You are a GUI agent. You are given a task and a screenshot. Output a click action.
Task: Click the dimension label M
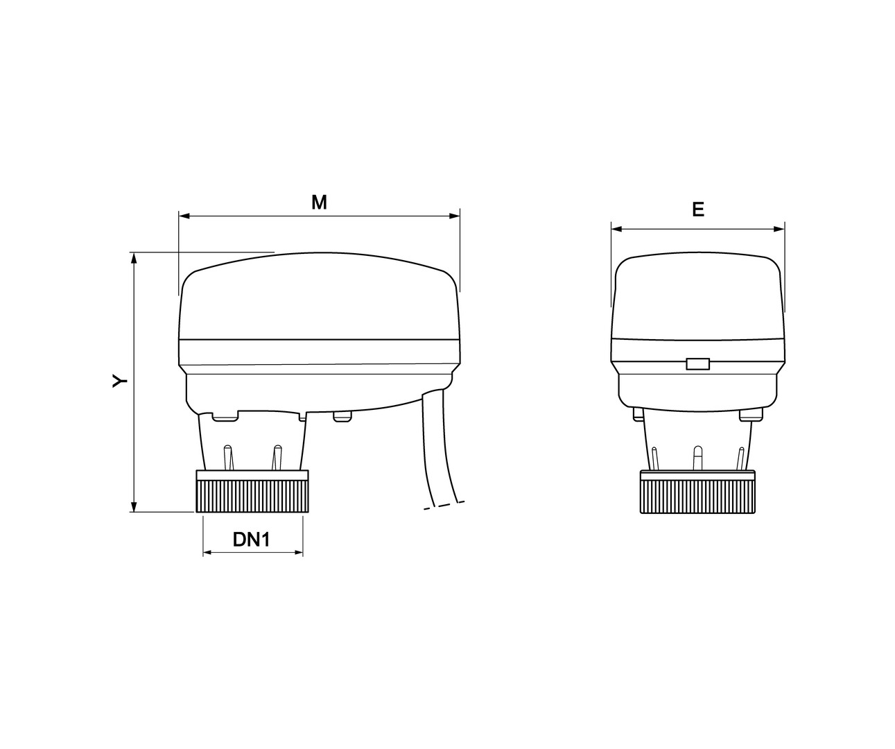click(x=319, y=203)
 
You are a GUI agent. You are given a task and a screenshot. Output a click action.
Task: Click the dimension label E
click(x=698, y=209)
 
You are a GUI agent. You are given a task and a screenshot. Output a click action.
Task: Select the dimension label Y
click(x=120, y=380)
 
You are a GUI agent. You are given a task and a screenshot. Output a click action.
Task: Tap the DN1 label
click(x=252, y=540)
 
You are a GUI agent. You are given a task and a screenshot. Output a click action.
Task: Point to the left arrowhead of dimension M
click(x=184, y=216)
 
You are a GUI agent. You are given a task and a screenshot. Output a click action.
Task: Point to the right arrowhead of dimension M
click(x=454, y=216)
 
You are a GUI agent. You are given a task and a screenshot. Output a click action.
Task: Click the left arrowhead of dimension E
click(x=617, y=229)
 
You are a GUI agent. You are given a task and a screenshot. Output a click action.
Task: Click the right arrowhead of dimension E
click(x=779, y=229)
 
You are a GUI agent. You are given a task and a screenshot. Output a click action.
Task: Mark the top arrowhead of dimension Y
click(x=134, y=258)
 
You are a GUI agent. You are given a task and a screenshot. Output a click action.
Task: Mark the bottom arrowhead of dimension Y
click(x=134, y=506)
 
